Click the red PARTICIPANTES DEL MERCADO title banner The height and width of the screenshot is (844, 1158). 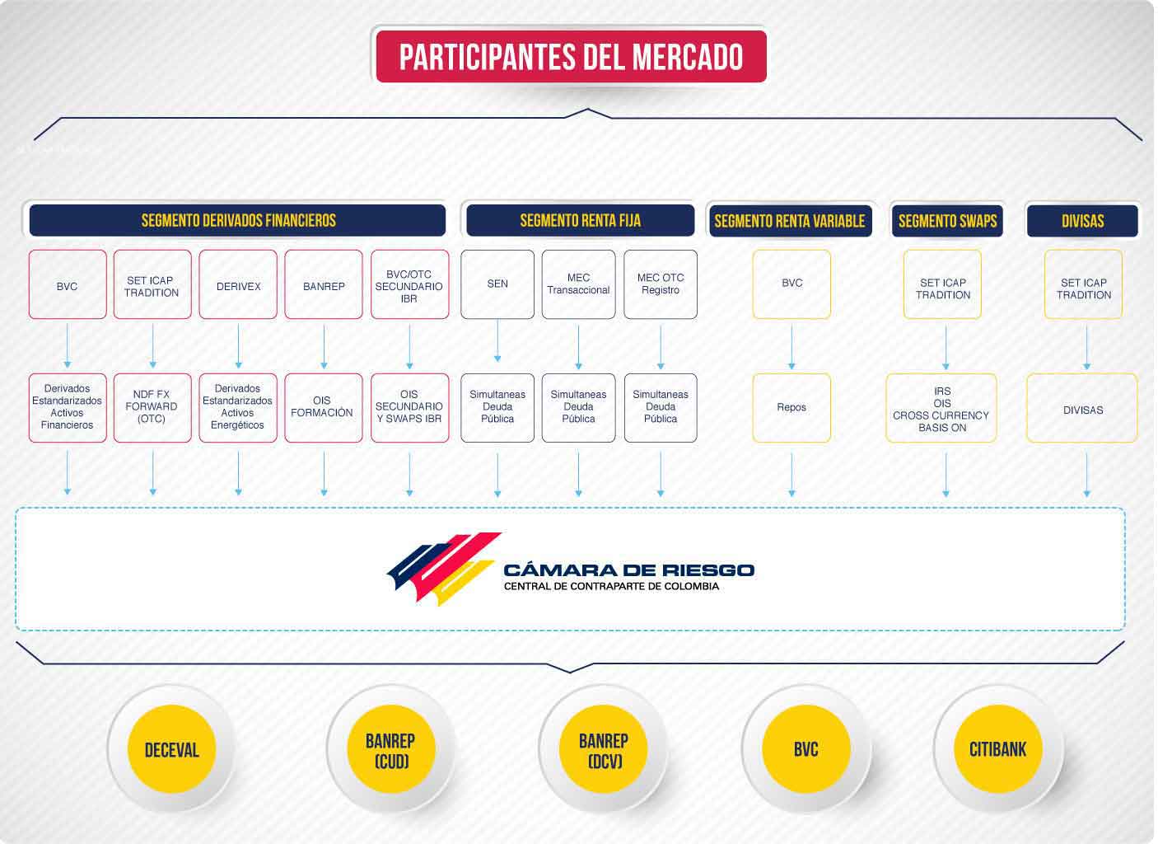(x=571, y=56)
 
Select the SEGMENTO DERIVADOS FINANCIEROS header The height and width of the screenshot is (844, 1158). (x=237, y=220)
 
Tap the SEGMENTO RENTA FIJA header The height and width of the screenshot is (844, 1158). (x=580, y=220)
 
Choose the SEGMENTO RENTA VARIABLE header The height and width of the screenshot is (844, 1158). (x=791, y=221)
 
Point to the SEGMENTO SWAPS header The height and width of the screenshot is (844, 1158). (x=948, y=221)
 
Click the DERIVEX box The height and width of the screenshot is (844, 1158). (x=238, y=284)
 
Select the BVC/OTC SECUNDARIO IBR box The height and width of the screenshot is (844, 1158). (x=409, y=284)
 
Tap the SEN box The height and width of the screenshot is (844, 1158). (x=497, y=284)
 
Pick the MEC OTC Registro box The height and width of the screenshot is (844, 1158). (x=661, y=284)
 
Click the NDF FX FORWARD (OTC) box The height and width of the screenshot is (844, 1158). (x=152, y=408)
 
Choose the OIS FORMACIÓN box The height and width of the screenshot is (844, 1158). (x=324, y=408)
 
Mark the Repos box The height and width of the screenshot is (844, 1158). (x=791, y=408)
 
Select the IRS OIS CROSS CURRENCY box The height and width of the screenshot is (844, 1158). (x=941, y=408)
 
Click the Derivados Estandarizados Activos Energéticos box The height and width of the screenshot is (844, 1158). (x=238, y=408)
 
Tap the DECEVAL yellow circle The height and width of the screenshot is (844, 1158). (x=171, y=748)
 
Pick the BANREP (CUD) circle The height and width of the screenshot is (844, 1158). (x=391, y=748)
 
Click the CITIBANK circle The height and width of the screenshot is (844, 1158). (x=997, y=748)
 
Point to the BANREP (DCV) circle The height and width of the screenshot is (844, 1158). (x=604, y=748)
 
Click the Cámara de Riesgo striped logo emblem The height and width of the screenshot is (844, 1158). (x=444, y=568)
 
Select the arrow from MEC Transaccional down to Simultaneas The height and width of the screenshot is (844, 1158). (x=578, y=347)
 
